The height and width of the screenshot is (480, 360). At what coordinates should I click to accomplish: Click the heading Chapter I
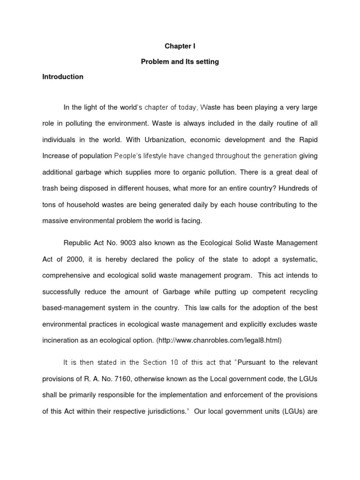coord(180,47)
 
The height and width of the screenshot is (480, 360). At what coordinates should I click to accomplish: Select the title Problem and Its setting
coord(180,62)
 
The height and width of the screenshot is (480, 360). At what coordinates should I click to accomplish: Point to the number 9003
coord(127,242)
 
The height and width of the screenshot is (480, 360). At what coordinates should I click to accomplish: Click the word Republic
coord(78,242)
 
